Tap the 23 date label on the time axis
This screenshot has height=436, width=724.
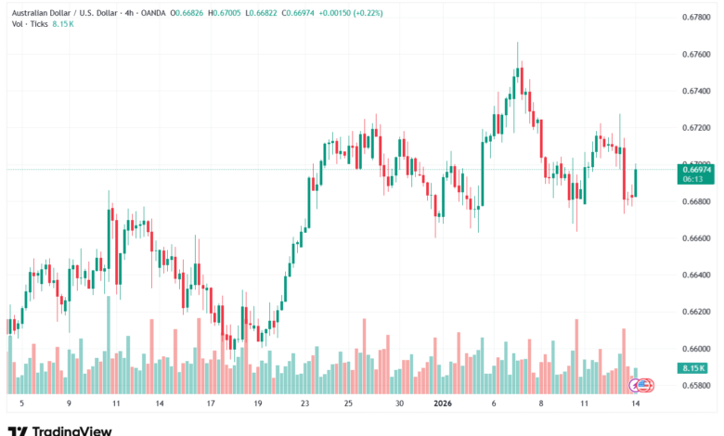point(305,404)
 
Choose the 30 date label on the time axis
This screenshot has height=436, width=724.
point(398,404)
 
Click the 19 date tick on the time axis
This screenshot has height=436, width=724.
point(257,404)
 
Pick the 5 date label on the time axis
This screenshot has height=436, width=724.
point(21,404)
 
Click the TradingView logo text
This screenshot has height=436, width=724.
point(71,430)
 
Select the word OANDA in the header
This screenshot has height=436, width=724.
point(175,12)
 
